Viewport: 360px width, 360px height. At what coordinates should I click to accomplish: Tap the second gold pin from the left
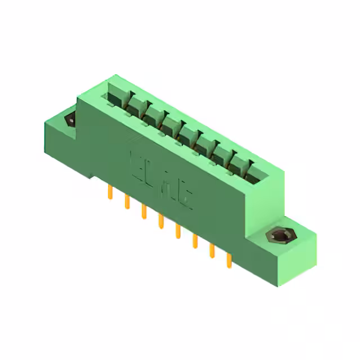[x=127, y=202]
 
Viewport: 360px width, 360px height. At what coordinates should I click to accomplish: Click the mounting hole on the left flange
[x=71, y=120]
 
